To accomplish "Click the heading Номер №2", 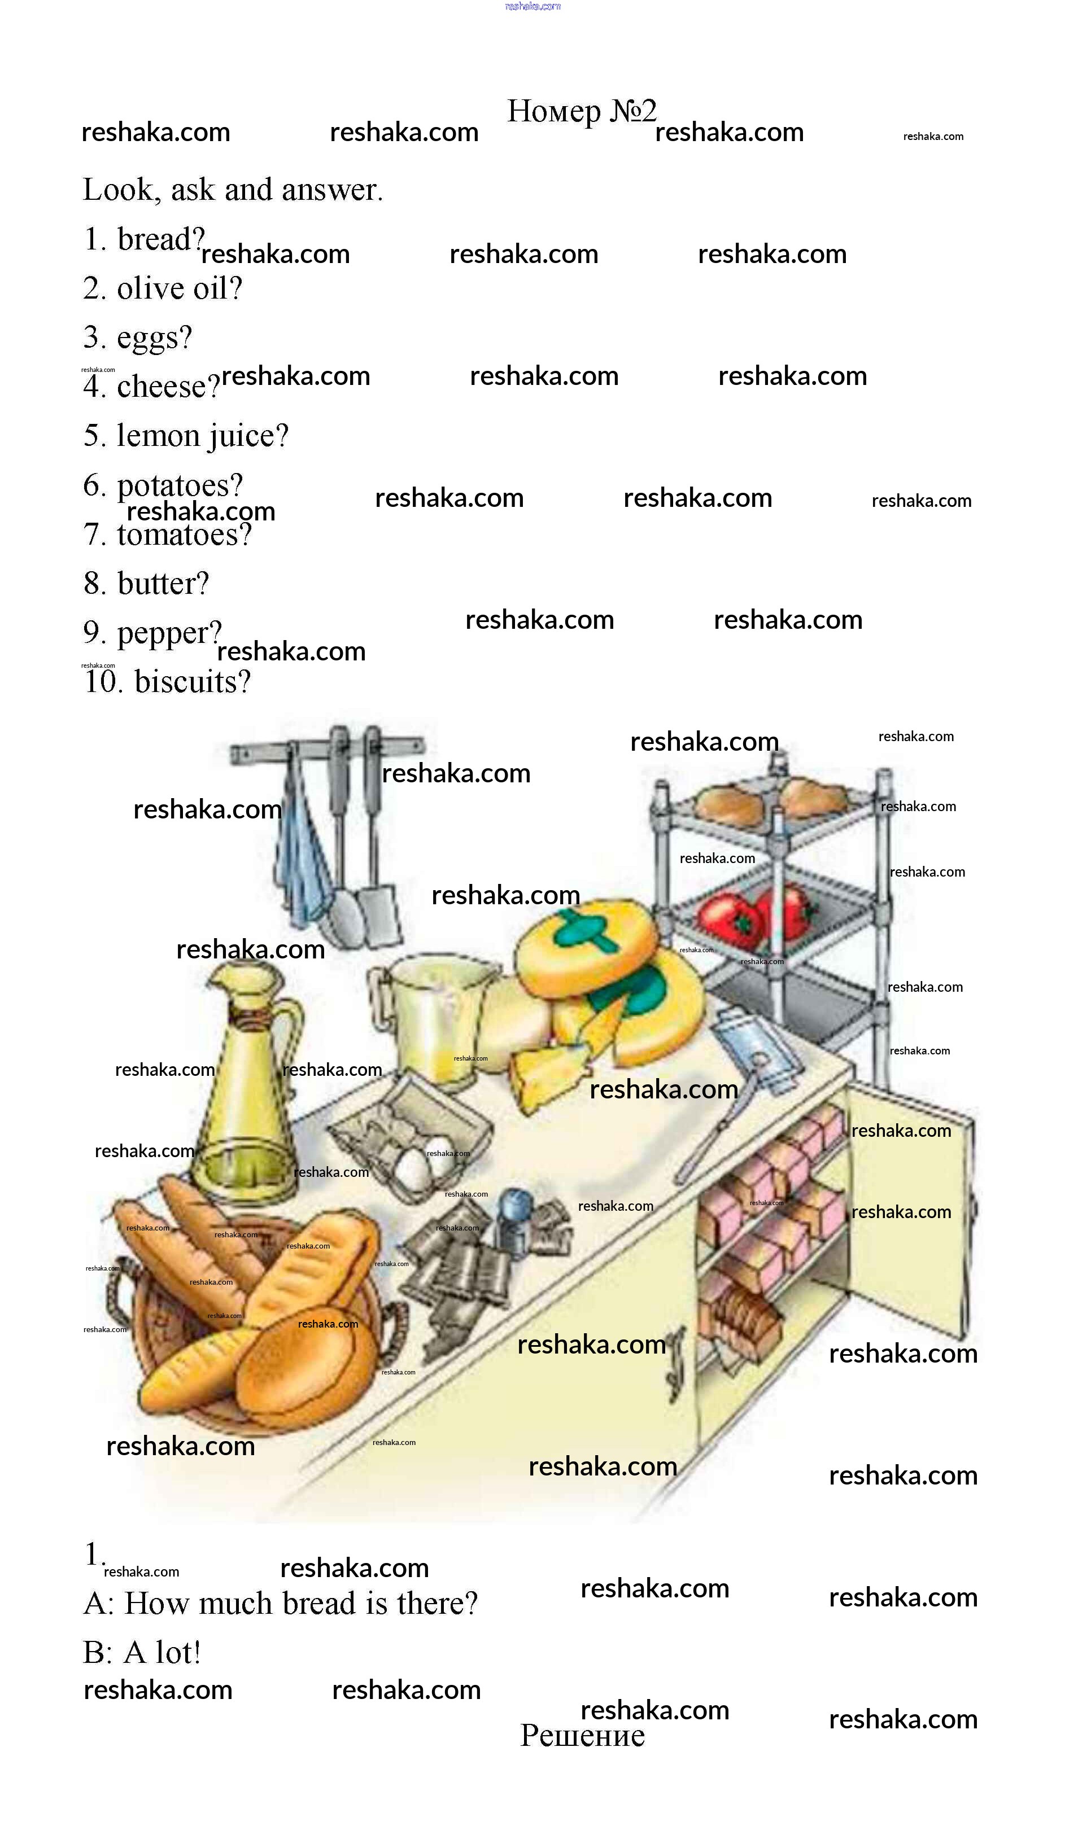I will (582, 112).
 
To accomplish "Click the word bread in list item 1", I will (159, 239).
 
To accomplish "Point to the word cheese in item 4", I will (167, 387).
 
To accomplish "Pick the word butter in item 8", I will (162, 584).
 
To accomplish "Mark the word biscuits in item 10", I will (191, 682).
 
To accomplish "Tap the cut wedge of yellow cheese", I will (547, 1072).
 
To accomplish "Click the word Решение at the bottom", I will (582, 1737).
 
